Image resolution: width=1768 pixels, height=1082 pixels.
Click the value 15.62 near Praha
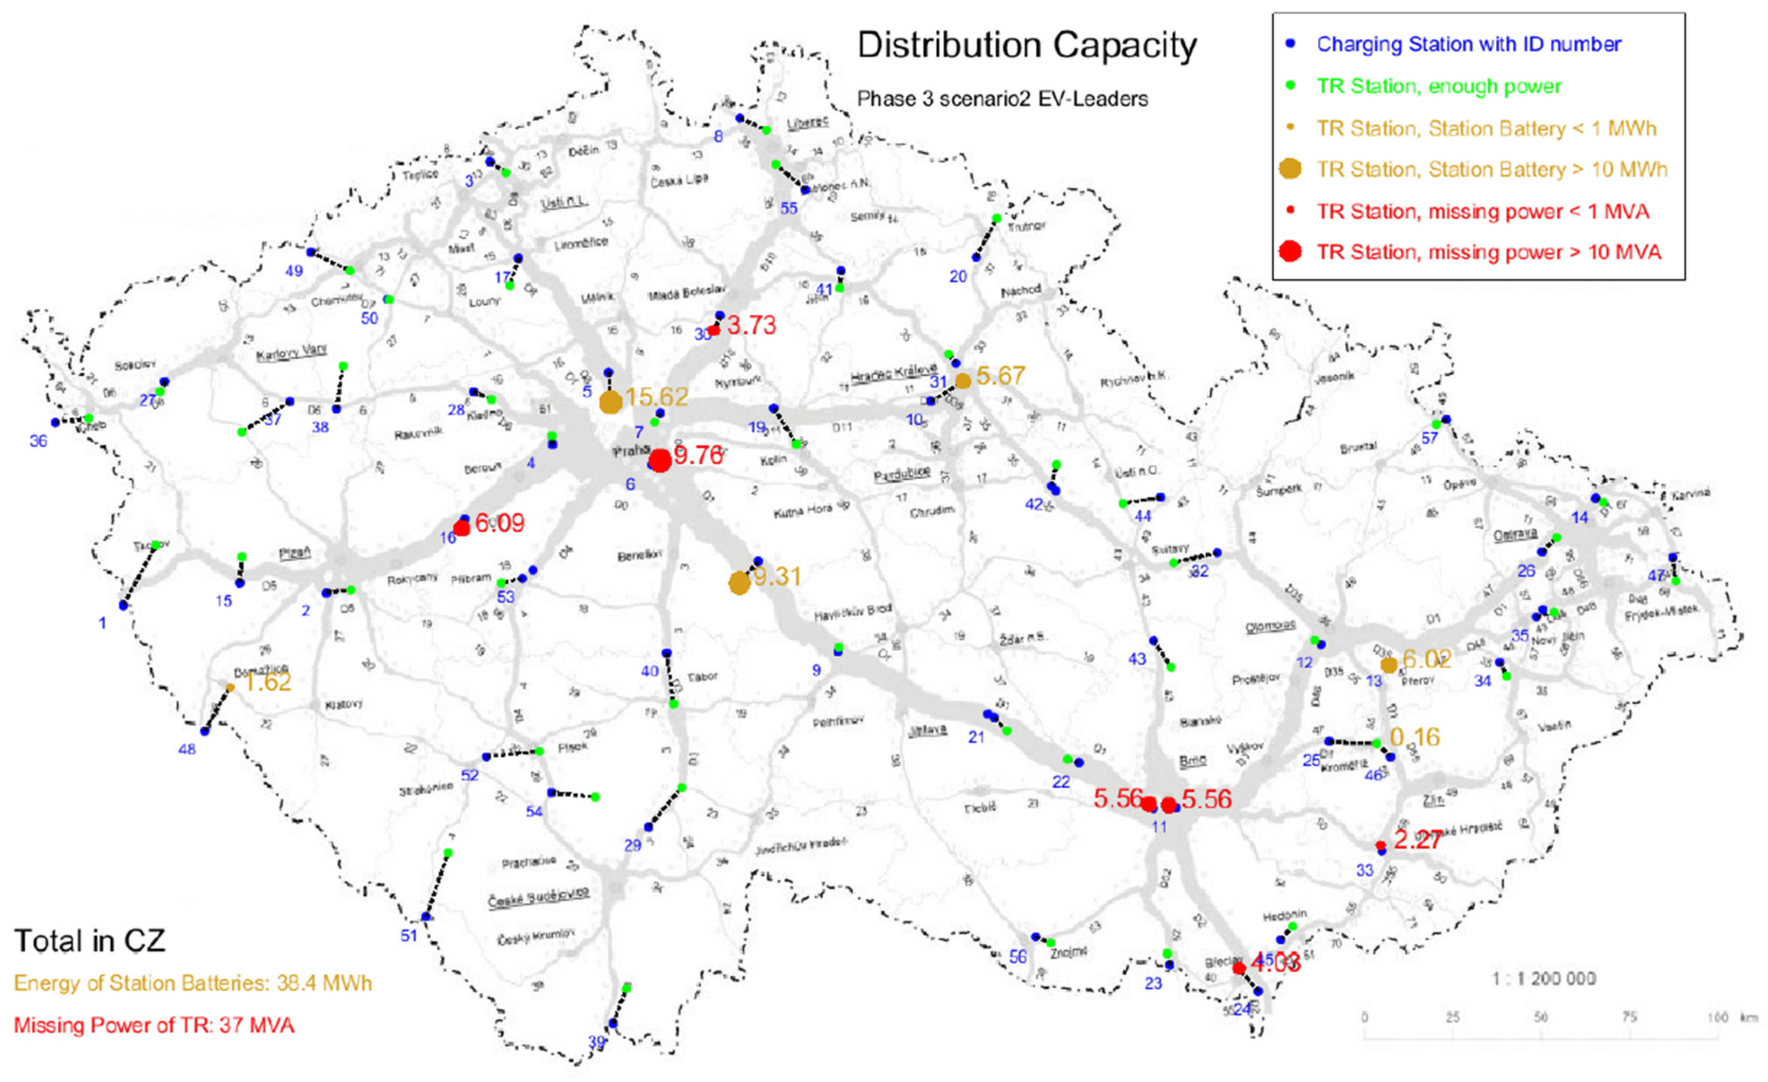[x=656, y=397]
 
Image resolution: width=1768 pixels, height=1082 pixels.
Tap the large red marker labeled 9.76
[x=659, y=460]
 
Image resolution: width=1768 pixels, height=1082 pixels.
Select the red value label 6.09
[x=500, y=523]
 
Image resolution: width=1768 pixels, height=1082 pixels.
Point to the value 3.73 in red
[x=751, y=325]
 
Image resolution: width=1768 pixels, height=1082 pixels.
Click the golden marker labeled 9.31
[x=739, y=582]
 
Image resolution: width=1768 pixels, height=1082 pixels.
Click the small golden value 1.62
[x=268, y=682]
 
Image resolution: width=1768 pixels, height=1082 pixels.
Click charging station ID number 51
[x=408, y=935]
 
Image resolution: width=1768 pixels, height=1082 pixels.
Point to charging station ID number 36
[x=38, y=441]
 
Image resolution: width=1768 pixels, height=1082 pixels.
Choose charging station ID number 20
[x=958, y=276]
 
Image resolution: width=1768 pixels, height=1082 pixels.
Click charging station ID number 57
[x=1429, y=438]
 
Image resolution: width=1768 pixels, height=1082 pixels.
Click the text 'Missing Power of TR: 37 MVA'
[x=154, y=1024]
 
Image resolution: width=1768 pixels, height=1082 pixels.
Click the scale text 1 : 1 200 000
[x=1543, y=979]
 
